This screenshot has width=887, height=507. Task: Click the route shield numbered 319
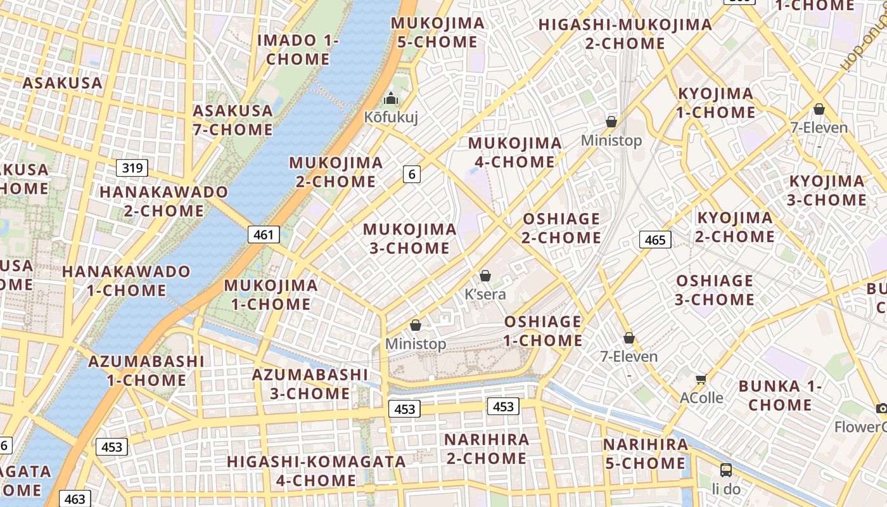[132, 168]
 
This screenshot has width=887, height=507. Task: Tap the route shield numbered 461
[263, 235]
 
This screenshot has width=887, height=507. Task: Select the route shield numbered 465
[655, 240]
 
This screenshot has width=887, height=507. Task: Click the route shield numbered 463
[75, 499]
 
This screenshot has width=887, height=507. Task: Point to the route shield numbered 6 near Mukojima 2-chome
[412, 174]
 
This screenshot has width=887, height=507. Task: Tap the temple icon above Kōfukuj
[391, 99]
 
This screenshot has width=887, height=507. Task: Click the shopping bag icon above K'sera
[485, 276]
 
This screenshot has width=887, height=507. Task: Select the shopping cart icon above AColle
[701, 380]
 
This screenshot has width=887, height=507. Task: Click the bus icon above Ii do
[726, 470]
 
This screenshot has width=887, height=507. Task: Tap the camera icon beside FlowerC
[881, 408]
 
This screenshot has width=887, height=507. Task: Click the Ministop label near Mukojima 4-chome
[611, 140]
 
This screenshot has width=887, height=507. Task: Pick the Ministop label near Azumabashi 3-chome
[416, 343]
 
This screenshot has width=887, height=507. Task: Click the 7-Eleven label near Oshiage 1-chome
[629, 356]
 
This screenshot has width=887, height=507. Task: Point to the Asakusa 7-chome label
[233, 120]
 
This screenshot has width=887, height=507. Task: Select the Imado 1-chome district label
[298, 49]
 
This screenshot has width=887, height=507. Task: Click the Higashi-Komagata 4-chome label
[316, 471]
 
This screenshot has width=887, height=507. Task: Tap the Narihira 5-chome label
[645, 454]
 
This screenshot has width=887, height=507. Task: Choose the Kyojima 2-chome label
[735, 227]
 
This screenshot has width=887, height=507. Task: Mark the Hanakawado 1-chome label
[126, 281]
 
